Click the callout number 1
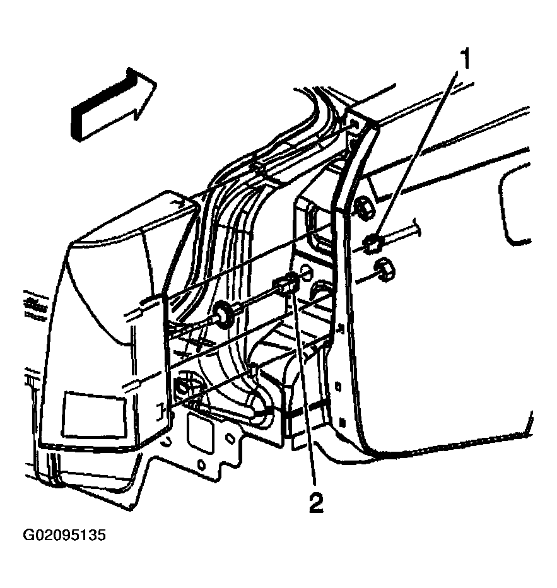465,59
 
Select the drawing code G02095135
64,535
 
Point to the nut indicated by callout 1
373,244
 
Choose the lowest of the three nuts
384,270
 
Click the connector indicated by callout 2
287,283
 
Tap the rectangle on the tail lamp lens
93,415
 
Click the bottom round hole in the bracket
201,465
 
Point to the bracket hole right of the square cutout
230,438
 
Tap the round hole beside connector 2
305,273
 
